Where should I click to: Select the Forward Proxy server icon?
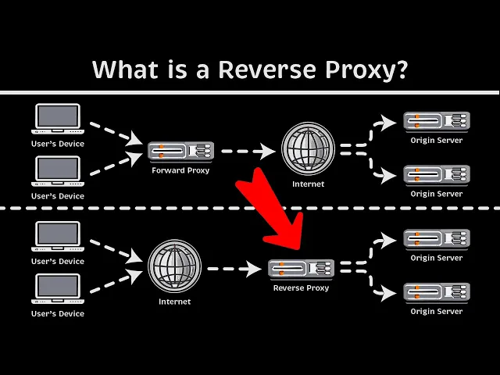(180, 150)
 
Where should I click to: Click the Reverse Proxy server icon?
(300, 268)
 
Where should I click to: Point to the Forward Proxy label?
(180, 170)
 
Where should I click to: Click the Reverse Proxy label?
(301, 288)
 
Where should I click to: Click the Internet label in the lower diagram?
(174, 301)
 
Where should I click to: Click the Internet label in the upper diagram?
(308, 184)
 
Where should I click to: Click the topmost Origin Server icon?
(435, 120)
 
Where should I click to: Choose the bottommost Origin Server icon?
(435, 292)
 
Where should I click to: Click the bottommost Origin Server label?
(436, 312)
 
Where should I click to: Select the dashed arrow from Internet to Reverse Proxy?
(234, 268)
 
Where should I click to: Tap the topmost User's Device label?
(58, 144)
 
